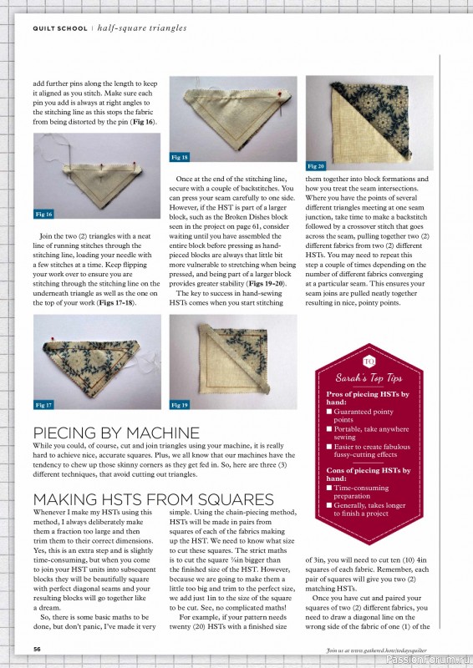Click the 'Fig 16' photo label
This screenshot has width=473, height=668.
click(43, 215)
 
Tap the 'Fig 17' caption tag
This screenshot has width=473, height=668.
click(43, 405)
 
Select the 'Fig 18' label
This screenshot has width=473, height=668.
click(179, 157)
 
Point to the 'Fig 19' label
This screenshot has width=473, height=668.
click(179, 405)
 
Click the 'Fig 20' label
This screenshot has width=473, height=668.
click(316, 166)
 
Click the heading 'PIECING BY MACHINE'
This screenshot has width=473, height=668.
click(116, 433)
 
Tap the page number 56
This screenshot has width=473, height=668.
click(37, 648)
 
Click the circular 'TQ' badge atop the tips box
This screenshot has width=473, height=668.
click(370, 361)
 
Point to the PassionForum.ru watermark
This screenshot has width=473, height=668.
click(427, 657)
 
